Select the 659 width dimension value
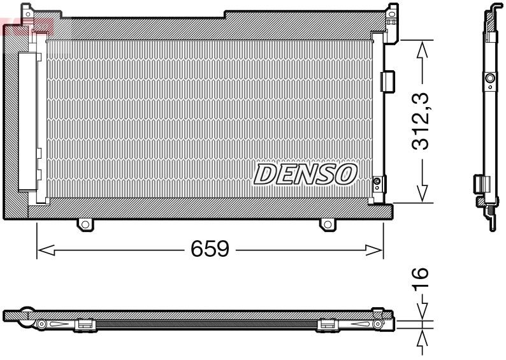coord(210,249)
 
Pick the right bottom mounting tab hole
coord(327,224)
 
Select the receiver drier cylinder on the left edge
coord(28,121)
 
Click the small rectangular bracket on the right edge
coord(387,80)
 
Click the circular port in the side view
coord(490,78)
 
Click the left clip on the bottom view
coord(84,325)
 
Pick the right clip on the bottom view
coord(327,325)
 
